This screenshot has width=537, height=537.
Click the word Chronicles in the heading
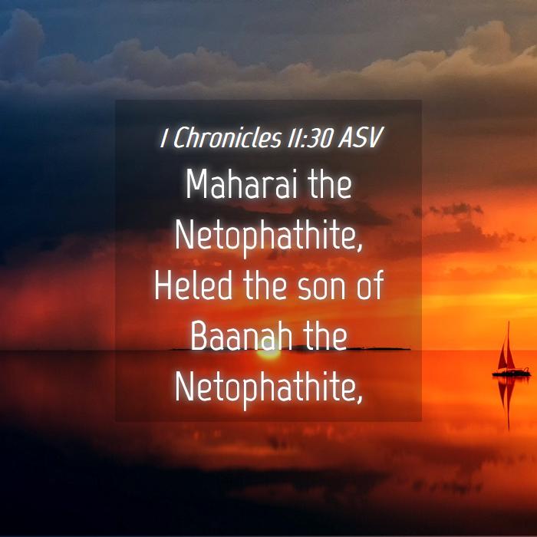(x=227, y=137)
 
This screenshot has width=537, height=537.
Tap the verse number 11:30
(x=310, y=137)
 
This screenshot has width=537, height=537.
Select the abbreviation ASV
(x=361, y=137)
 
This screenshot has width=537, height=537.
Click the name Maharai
(x=241, y=185)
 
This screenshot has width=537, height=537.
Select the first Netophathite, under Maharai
(x=268, y=236)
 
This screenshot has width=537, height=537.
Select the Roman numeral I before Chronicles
(x=164, y=137)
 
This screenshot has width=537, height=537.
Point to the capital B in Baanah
(x=199, y=336)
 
